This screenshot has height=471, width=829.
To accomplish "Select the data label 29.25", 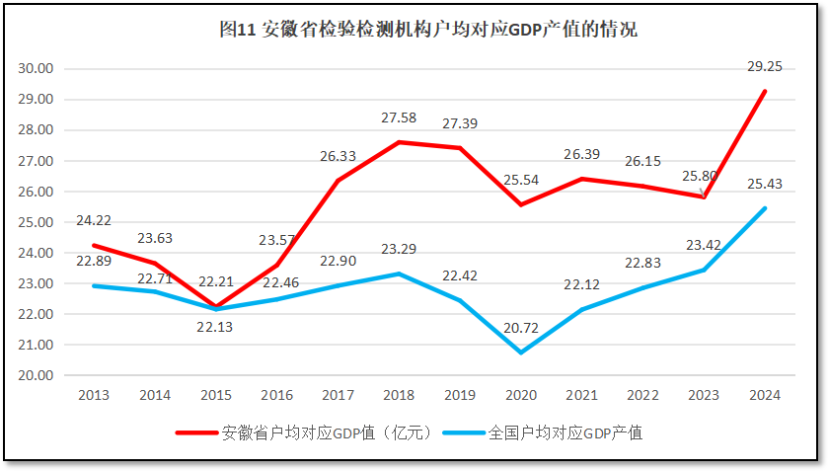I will (x=764, y=67).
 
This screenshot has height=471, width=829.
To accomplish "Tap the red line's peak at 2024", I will (x=765, y=91).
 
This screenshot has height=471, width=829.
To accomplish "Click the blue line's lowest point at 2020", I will (x=520, y=353).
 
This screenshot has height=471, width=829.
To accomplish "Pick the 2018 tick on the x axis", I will (x=399, y=396).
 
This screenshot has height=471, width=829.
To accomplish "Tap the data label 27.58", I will (x=399, y=118).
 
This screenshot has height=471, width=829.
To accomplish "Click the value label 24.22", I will (x=94, y=221).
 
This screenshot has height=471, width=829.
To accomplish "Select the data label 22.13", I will (x=215, y=328).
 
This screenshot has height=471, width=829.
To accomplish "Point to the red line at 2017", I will (x=338, y=181).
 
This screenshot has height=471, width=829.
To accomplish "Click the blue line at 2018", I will (x=399, y=274).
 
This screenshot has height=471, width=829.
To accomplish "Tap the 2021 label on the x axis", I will (x=581, y=396).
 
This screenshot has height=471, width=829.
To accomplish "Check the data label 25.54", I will (x=520, y=181).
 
